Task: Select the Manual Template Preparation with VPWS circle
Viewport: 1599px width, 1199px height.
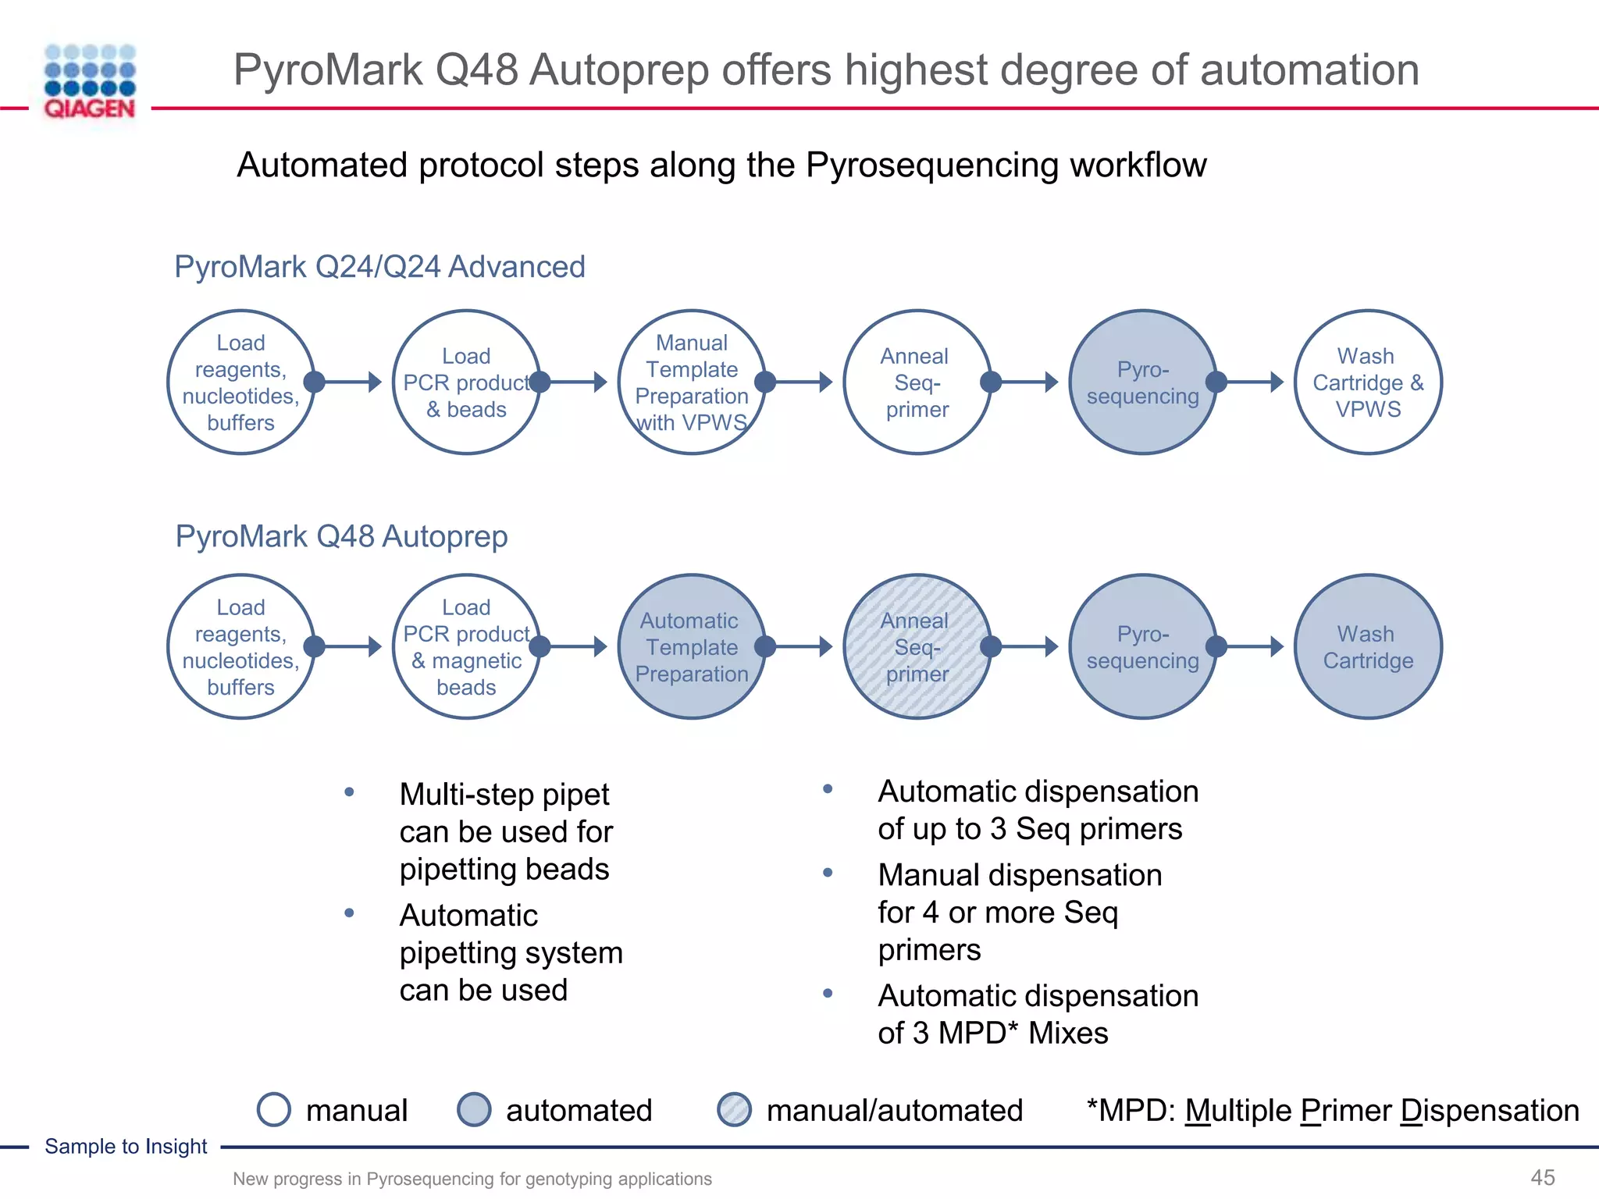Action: [x=692, y=382]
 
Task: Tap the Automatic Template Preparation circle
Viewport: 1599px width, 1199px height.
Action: [x=692, y=647]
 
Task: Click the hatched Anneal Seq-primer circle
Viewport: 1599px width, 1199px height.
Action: [x=917, y=647]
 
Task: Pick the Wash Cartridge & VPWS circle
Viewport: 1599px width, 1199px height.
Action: [x=1368, y=382]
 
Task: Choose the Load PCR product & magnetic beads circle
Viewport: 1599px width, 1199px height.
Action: [x=466, y=647]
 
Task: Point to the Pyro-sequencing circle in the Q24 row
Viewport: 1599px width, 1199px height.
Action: [x=1142, y=382]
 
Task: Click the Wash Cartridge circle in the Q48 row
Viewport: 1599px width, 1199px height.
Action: [x=1368, y=647]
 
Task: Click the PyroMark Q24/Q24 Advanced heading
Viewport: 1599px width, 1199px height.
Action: [x=379, y=267]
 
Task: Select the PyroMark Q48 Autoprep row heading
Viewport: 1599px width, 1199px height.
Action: [x=341, y=536]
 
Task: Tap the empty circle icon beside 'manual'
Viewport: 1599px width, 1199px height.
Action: [x=274, y=1109]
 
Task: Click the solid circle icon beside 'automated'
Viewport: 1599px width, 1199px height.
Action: [x=474, y=1109]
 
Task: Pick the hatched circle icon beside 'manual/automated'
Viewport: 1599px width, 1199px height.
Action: [x=734, y=1109]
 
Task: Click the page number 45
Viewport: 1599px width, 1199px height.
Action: [x=1543, y=1177]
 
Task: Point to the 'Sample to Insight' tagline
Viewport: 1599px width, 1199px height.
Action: [x=126, y=1146]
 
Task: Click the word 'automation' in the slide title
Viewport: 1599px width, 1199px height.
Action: [x=1309, y=70]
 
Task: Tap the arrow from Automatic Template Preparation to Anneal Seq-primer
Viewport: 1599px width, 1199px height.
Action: [x=799, y=647]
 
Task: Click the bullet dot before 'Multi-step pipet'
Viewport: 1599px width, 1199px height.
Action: [x=349, y=792]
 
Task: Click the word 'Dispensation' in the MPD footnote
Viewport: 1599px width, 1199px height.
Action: [x=1490, y=1110]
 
